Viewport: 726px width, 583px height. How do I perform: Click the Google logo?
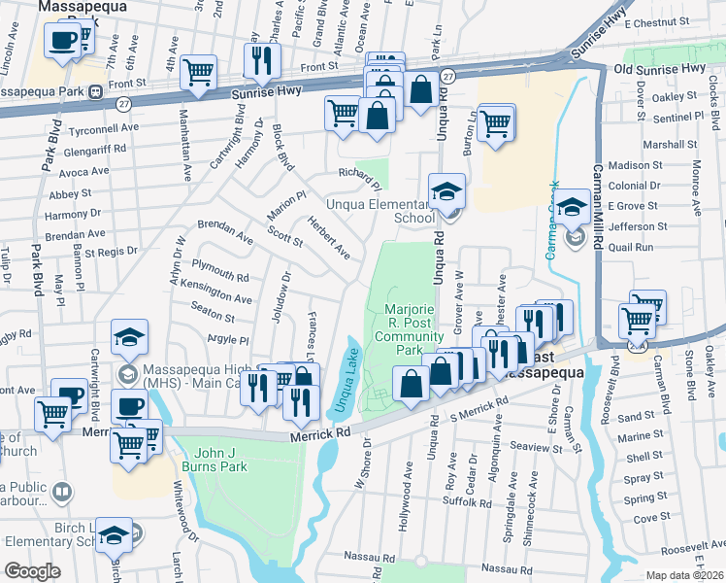(31, 571)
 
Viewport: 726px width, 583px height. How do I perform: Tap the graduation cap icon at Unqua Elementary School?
(447, 190)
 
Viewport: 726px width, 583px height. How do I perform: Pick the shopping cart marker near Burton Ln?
(496, 122)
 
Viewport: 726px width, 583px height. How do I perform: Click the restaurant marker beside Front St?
(261, 60)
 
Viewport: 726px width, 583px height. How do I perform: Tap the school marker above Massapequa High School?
(129, 337)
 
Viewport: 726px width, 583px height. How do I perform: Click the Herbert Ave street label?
(329, 236)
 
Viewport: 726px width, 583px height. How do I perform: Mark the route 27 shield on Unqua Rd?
(446, 75)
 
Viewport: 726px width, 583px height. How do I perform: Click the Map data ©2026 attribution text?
(685, 575)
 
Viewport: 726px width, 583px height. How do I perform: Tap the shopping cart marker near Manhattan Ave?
(198, 70)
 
